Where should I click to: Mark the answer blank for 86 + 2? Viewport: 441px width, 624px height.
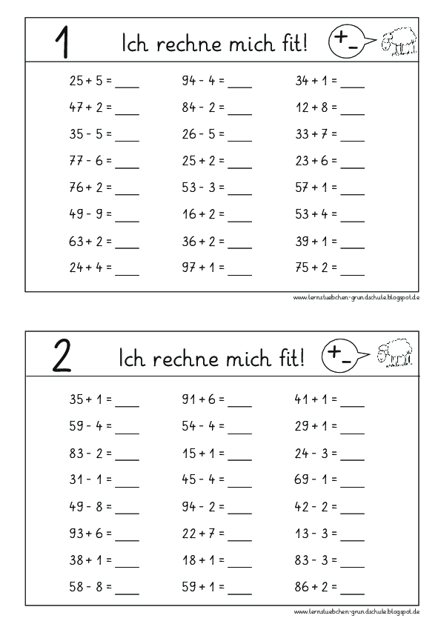click(353, 592)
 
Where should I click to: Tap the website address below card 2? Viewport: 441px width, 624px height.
click(357, 611)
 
